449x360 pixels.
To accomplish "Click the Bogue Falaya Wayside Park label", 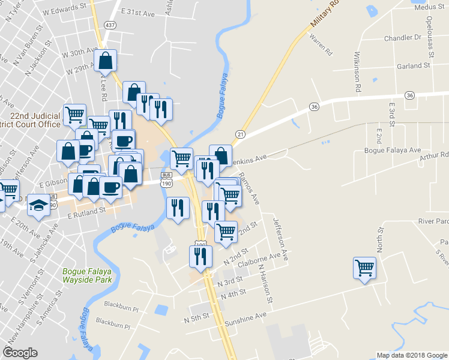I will pos(88,275).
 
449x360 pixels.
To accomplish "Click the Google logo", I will pos(20,353).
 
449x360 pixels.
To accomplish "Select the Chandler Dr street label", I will pos(403,37).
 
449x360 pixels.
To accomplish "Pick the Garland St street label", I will pos(414,65).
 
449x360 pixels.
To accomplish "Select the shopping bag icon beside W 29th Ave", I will pos(105,61).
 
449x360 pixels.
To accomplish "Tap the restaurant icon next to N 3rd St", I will pos(200,257).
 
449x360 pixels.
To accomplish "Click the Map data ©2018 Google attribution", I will pos(411,355).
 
